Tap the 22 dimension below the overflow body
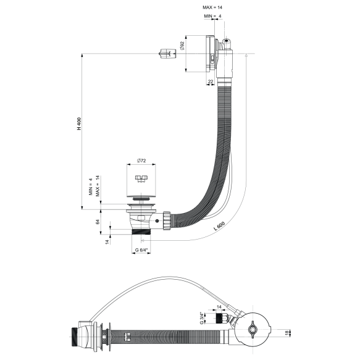point(211,81)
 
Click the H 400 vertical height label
point(79,123)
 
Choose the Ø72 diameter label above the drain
point(141,161)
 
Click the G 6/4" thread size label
point(142,251)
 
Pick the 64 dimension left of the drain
point(97,220)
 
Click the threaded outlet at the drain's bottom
point(143,233)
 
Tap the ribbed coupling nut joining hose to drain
point(166,219)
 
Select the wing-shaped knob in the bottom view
point(254,331)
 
